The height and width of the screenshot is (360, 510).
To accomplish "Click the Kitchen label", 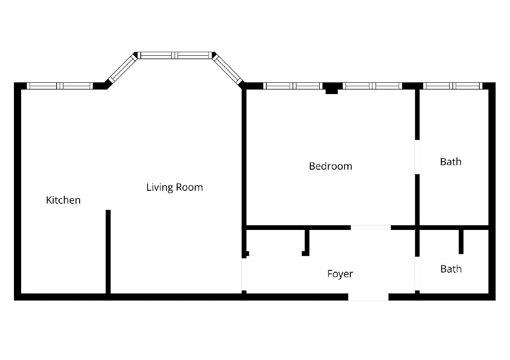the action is (x=63, y=200).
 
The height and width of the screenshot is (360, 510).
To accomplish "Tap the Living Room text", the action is (x=174, y=187).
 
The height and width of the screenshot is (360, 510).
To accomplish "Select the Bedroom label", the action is (x=331, y=166).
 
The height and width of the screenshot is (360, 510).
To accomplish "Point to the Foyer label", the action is (x=340, y=274).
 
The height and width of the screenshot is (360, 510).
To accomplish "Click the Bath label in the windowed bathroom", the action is (x=451, y=162).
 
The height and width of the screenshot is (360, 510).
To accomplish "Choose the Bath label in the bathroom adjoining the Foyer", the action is (x=451, y=269).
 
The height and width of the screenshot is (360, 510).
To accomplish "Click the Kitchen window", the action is (x=60, y=86).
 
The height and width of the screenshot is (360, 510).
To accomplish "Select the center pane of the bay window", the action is (x=175, y=55).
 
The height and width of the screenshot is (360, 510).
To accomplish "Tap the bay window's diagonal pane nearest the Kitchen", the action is (x=122, y=69).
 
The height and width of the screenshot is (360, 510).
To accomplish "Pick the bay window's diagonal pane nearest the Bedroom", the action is (x=228, y=69).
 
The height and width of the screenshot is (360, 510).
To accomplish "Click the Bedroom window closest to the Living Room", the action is (x=293, y=86).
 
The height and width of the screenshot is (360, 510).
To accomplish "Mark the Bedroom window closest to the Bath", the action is (x=373, y=86).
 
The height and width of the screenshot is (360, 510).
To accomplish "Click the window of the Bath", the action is (x=453, y=86).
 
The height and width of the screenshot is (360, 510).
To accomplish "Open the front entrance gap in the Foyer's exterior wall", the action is (x=368, y=297).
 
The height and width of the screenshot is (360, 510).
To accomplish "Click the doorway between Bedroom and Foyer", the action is (x=371, y=228).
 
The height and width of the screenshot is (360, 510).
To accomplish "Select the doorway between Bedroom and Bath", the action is (x=417, y=157).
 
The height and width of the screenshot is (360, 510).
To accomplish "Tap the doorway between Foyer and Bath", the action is (x=417, y=274).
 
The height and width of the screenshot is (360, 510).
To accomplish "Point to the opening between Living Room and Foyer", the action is (x=244, y=274).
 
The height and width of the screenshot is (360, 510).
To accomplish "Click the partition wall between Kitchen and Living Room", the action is (x=108, y=252).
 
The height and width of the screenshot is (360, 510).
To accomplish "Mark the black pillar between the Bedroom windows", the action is (x=332, y=88).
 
